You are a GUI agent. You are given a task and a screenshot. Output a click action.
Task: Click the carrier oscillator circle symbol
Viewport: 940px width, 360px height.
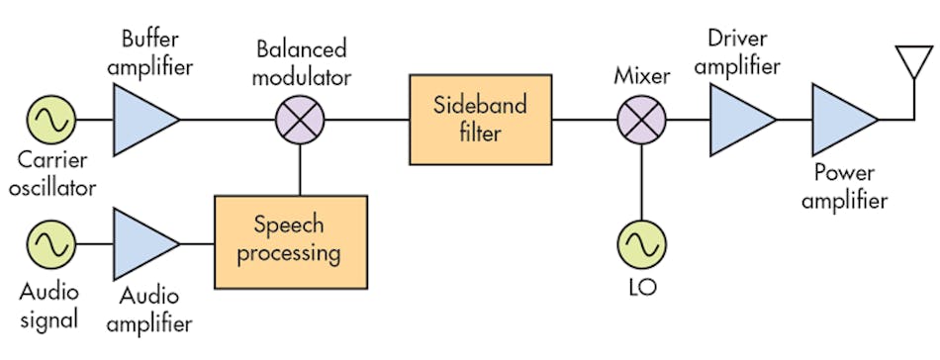point(47,121)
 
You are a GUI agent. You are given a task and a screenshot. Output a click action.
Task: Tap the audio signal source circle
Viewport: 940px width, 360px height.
point(47,243)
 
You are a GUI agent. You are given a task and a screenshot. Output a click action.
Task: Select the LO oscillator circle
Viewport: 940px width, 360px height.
point(641,243)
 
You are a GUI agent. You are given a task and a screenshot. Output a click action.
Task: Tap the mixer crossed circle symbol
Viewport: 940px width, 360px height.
point(641,121)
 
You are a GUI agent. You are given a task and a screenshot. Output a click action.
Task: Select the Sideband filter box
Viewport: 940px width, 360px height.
point(481,121)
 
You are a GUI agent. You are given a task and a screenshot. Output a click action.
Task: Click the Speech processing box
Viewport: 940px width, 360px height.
point(291,241)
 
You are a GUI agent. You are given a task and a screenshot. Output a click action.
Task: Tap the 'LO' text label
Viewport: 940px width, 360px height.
point(641,291)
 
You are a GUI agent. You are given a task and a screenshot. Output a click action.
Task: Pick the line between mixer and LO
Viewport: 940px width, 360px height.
point(641,183)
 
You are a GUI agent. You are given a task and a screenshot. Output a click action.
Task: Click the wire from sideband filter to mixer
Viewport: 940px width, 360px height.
point(584,121)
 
